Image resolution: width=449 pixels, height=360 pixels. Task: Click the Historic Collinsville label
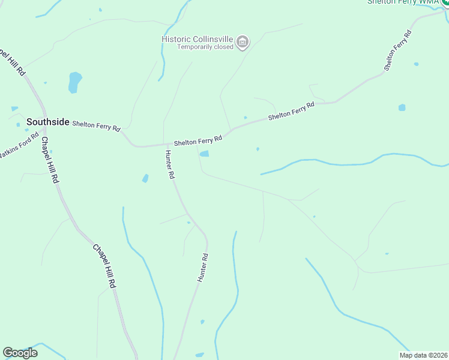197,39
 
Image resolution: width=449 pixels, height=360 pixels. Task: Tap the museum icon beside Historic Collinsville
243,42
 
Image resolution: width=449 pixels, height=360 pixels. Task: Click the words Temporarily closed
205,47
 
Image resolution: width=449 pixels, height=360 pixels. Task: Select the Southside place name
48,122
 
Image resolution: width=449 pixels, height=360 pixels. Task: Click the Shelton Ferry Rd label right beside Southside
96,125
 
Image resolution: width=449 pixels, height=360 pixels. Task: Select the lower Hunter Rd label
203,268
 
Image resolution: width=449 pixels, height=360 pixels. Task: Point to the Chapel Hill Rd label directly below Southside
50,160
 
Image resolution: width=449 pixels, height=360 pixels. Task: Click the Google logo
20,353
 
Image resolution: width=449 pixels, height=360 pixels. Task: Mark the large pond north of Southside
74,82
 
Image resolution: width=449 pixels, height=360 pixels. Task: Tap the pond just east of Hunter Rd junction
204,154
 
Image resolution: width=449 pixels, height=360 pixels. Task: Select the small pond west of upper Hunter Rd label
145,178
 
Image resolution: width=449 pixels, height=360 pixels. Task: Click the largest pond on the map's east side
402,108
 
